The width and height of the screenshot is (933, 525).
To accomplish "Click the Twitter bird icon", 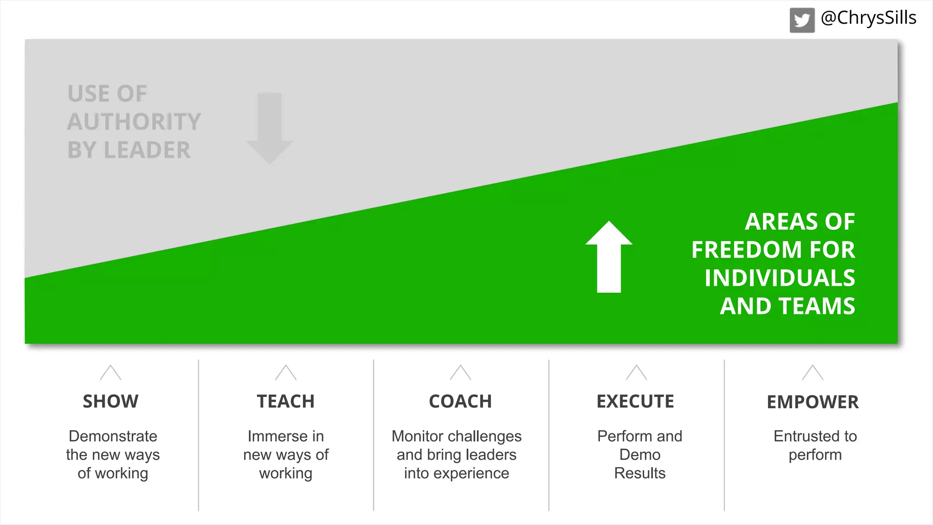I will pos(802,21).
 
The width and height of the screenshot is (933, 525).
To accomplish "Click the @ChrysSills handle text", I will pos(868,18).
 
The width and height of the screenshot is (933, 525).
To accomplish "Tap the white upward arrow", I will pos(609,257).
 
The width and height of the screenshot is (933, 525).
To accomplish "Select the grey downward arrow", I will pos(270,128).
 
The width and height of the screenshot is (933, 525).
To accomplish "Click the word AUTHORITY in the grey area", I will pos(134,122).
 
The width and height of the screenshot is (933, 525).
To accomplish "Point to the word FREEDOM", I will pos(747,250).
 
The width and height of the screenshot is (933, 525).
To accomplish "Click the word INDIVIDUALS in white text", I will pos(779,278).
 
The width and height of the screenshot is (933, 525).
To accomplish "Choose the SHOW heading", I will pos(111,401).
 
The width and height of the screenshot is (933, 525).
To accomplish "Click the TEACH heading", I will pos(286,401).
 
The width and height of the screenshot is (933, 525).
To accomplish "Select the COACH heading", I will pos(460,401).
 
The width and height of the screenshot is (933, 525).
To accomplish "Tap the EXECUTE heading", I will pos(635,401).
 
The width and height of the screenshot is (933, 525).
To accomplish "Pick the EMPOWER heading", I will pos(812,402).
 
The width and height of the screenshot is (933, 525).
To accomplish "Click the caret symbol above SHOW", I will pos(111,373).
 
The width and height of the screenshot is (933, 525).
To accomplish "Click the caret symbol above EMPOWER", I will pos(812,373).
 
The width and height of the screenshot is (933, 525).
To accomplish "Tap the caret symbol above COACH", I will pos(460,373).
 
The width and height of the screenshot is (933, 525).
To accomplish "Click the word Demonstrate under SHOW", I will pos(113,436).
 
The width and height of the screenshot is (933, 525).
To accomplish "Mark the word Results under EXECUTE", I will pos(640,473).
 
